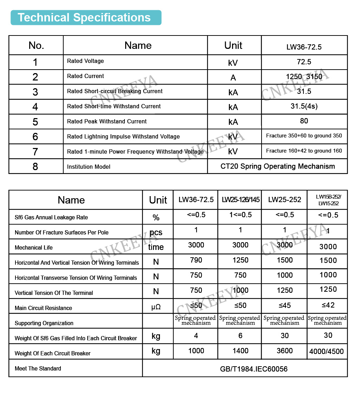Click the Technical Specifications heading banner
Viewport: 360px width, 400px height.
click(x=86, y=18)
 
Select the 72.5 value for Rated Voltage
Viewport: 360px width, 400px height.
click(x=304, y=62)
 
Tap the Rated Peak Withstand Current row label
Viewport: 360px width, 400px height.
click(x=107, y=121)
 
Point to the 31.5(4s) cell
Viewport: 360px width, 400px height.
click(x=304, y=106)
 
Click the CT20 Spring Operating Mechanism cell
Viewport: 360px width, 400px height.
click(x=277, y=166)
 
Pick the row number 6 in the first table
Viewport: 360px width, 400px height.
click(x=35, y=136)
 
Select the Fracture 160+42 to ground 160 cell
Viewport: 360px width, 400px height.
click(x=304, y=151)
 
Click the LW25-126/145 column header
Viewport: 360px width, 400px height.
click(x=240, y=200)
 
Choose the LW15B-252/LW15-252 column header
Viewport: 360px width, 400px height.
click(x=328, y=200)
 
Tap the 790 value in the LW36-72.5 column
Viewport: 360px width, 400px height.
click(x=196, y=260)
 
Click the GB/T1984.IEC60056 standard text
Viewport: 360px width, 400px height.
click(x=253, y=369)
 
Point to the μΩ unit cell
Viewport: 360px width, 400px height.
click(x=156, y=307)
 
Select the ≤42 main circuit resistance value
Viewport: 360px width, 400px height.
click(x=328, y=305)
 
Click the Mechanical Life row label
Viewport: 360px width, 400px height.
click(x=34, y=247)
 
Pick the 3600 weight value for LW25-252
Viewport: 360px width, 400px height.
click(x=284, y=351)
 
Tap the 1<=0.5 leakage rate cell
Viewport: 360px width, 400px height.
click(x=240, y=215)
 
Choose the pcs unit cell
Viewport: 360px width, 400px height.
click(x=156, y=232)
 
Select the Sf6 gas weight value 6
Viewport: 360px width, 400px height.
click(x=240, y=336)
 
